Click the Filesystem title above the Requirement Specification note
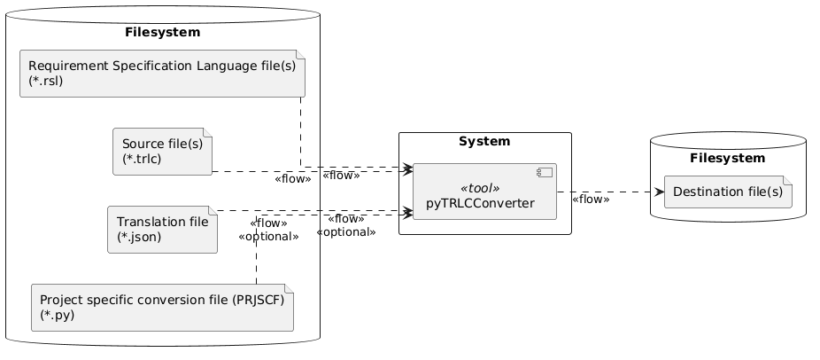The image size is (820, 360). [x=162, y=33]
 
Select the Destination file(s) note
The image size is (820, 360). [x=728, y=192]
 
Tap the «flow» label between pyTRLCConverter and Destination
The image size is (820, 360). [x=591, y=200]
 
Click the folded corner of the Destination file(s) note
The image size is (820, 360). [x=788, y=184]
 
